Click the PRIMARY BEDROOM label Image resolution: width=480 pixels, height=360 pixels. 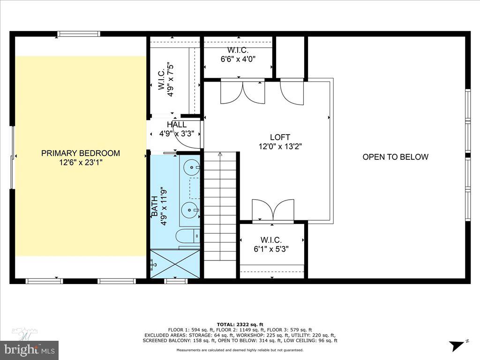[81, 153]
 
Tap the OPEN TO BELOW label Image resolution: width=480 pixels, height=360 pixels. [395, 157]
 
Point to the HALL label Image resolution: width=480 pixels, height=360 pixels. [177, 125]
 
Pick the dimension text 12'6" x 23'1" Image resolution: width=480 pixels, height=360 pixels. [81, 163]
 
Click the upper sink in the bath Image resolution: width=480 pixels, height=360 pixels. [192, 166]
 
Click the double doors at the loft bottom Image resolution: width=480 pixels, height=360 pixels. [273, 210]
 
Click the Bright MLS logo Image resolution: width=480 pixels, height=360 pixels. [29, 349]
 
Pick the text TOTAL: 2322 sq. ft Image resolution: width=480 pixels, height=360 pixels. [240, 324]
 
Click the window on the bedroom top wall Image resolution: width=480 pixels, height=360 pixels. [79, 34]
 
